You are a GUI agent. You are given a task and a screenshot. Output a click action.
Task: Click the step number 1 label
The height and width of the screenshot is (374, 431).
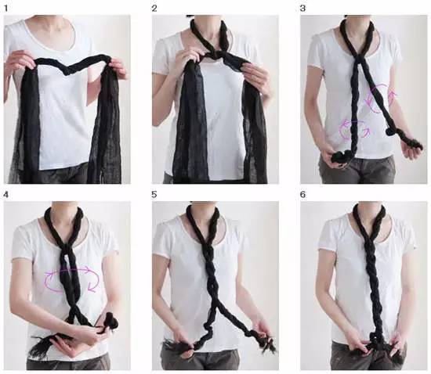(x=6, y=8)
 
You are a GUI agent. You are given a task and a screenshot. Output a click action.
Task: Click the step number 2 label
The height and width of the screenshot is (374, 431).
(x=154, y=9)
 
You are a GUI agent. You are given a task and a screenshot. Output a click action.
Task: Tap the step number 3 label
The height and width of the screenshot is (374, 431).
(x=302, y=9)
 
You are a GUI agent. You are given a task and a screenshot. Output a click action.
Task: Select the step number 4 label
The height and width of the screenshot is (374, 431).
(x=6, y=195)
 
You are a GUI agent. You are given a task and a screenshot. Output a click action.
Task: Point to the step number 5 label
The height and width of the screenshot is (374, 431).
(x=154, y=195)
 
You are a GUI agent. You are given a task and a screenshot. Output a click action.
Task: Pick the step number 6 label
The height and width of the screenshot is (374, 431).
(x=302, y=195)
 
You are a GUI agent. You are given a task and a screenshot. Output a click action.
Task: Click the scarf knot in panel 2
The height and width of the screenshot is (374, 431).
(x=215, y=54)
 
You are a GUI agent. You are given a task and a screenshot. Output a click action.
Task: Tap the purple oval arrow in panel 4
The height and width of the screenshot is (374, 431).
(x=72, y=279)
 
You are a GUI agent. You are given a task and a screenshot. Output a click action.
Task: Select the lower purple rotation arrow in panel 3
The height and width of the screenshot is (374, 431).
(x=353, y=129)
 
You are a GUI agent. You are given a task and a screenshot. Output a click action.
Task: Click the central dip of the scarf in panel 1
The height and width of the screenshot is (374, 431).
(x=67, y=70)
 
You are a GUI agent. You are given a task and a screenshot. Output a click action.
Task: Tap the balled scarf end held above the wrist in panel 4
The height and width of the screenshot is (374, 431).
(x=111, y=321)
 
